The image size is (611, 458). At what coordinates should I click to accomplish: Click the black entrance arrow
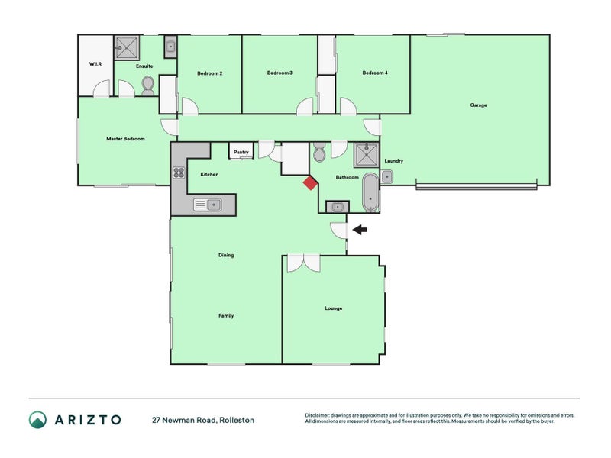pyautogui.click(x=360, y=230)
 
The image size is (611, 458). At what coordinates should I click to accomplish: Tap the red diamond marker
pyautogui.click(x=310, y=183)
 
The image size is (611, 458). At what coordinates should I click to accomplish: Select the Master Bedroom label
pyautogui.click(x=125, y=139)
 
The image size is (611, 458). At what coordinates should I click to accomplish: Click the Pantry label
pyautogui.click(x=241, y=152)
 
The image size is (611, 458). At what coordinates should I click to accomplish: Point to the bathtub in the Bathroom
pyautogui.click(x=370, y=192)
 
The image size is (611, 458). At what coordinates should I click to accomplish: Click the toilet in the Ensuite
pyautogui.click(x=147, y=85)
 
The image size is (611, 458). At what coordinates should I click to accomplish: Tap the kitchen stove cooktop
pyautogui.click(x=179, y=173)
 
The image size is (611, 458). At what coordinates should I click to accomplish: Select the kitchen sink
pyautogui.click(x=208, y=205)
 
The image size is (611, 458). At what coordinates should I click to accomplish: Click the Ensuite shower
pyautogui.click(x=127, y=48)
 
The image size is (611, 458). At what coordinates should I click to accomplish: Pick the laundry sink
pyautogui.click(x=386, y=177)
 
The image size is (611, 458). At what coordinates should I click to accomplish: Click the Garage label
pyautogui.click(x=478, y=105)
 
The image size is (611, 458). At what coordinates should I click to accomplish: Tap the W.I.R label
pyautogui.click(x=95, y=64)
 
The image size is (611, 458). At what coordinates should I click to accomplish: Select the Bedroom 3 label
pyautogui.click(x=280, y=73)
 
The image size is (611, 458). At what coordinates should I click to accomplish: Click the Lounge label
pyautogui.click(x=334, y=308)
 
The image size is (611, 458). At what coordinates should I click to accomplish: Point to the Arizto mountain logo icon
pyautogui.click(x=37, y=420)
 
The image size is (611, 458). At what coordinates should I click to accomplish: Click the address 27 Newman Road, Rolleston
pyautogui.click(x=203, y=421)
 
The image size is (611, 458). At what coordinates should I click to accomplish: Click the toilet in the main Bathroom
pyautogui.click(x=319, y=152)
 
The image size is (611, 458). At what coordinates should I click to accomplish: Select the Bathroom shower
pyautogui.click(x=366, y=155)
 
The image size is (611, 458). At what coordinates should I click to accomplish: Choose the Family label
pyautogui.click(x=226, y=316)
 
